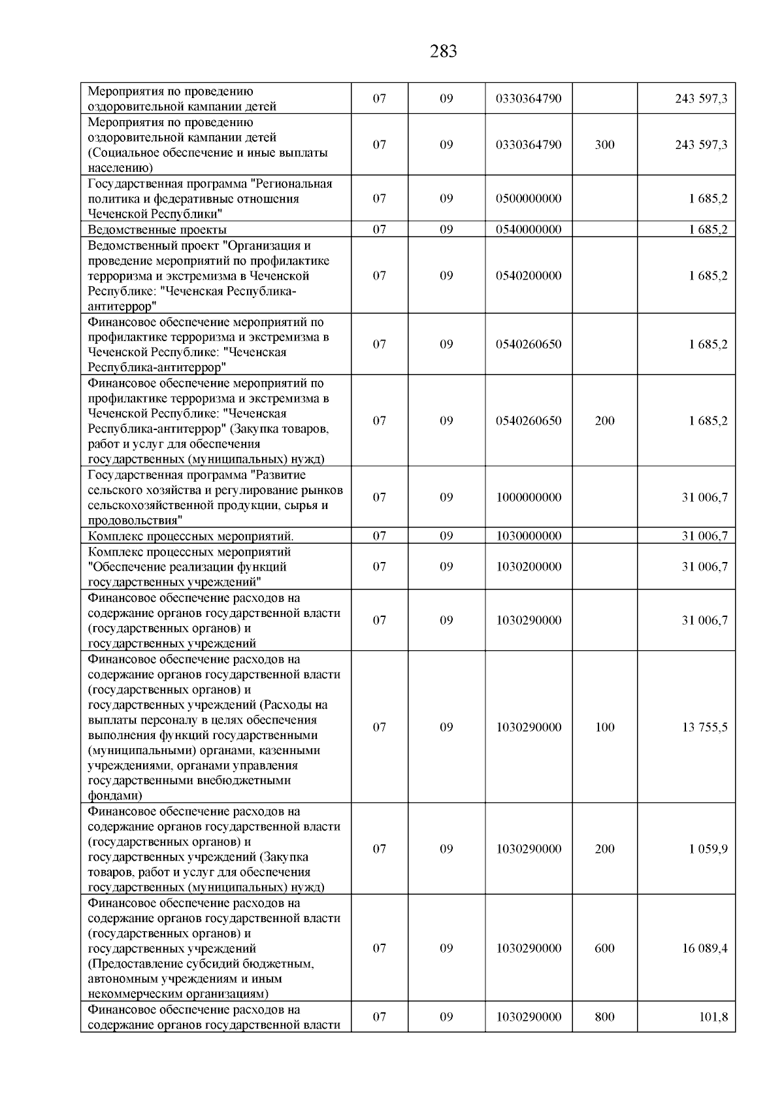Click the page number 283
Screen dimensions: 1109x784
click(x=444, y=52)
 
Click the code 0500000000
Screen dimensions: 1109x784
click(x=529, y=199)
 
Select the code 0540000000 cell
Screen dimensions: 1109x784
click(x=529, y=229)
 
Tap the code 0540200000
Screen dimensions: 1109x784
click(x=529, y=276)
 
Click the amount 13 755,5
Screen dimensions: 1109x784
click(x=704, y=727)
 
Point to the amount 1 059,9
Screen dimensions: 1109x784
click(x=708, y=849)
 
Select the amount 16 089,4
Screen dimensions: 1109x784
click(x=704, y=948)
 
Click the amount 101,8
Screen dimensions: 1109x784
click(x=713, y=1017)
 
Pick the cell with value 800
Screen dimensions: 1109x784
click(x=604, y=1017)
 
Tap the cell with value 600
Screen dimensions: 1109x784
click(x=604, y=948)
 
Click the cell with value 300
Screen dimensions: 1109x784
click(x=604, y=145)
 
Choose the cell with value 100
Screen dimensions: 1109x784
click(x=604, y=727)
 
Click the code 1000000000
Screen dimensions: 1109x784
click(x=529, y=497)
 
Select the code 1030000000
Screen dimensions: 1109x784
click(x=529, y=536)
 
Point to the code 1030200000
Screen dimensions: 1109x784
click(x=529, y=567)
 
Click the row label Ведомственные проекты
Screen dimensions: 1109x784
click(x=157, y=229)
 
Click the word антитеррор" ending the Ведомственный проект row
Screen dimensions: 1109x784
click(x=122, y=306)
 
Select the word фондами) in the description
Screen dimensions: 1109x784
click(x=115, y=796)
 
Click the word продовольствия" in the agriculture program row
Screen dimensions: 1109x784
click(x=135, y=521)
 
